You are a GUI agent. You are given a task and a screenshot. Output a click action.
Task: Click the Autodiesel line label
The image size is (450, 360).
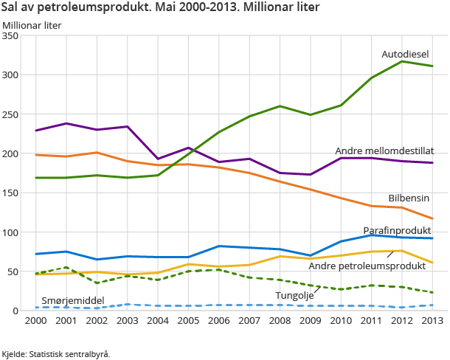(406, 55)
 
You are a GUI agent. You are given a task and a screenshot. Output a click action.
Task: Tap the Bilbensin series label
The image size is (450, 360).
(409, 198)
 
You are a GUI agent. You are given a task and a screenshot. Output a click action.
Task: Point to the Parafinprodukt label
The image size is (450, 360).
(397, 230)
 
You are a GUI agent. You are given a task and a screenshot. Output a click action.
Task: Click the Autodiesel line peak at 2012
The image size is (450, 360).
(402, 61)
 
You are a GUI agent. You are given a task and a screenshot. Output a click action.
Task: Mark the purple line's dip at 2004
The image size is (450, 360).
(157, 159)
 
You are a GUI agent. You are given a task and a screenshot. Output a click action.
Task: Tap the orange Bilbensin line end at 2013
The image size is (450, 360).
(432, 218)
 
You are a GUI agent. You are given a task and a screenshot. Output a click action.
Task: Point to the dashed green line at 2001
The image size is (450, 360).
(66, 268)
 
